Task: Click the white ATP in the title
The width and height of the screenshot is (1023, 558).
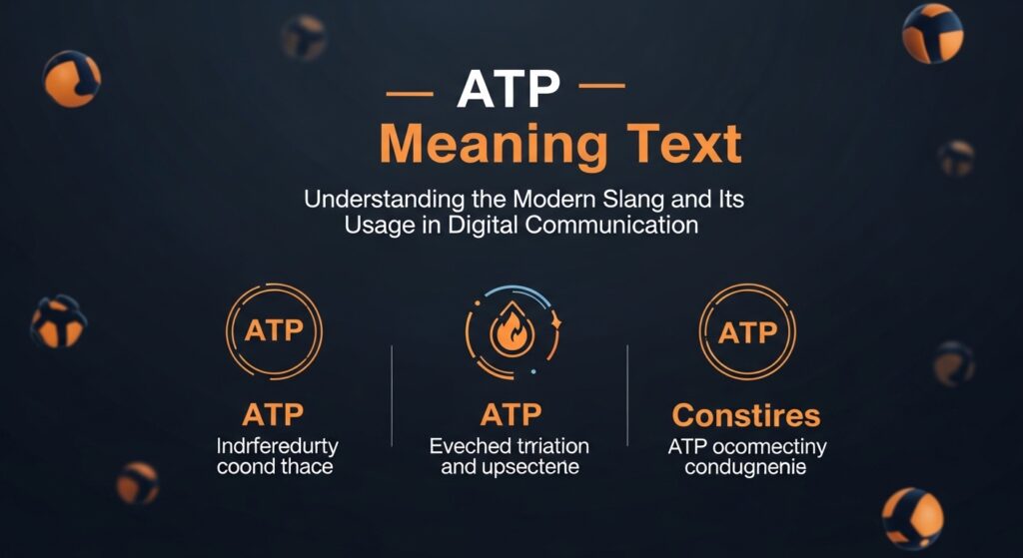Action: [508, 91]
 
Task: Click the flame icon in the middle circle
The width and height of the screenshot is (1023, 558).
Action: [511, 333]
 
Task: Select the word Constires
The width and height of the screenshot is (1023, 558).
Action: [746, 415]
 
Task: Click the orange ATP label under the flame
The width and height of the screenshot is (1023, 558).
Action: [511, 414]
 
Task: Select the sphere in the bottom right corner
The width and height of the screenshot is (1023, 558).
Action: [912, 518]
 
